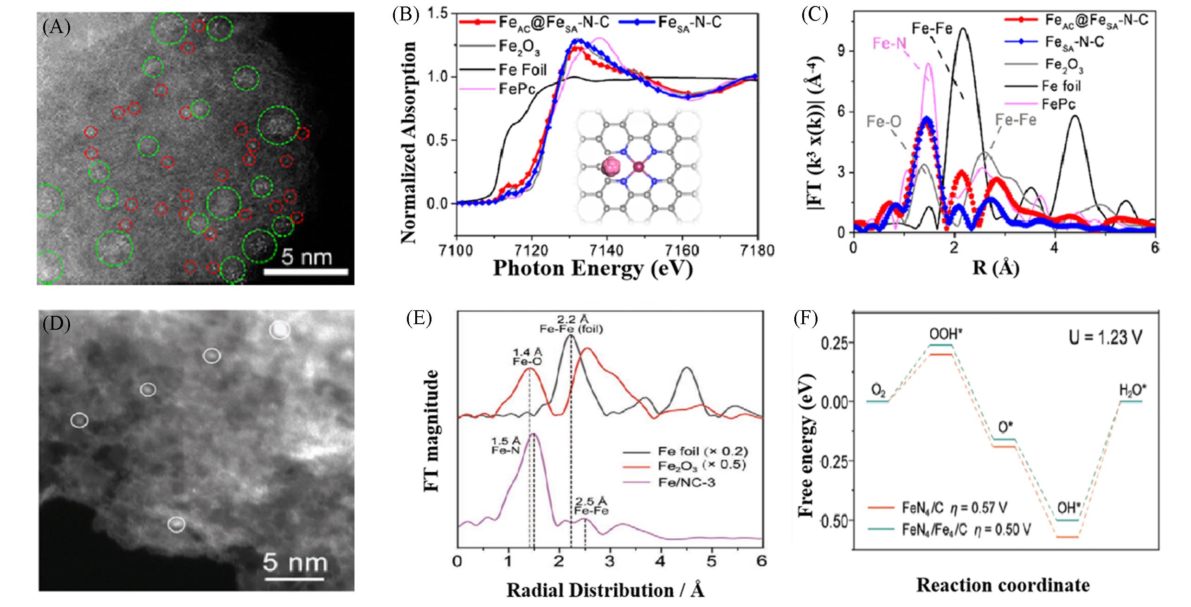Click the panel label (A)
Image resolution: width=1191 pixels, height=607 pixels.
pyautogui.click(x=56, y=28)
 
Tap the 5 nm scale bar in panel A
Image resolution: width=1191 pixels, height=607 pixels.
pyautogui.click(x=306, y=271)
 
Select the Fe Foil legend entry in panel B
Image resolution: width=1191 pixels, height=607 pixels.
pyautogui.click(x=522, y=70)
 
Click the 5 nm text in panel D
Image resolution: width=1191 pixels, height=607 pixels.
pyautogui.click(x=295, y=563)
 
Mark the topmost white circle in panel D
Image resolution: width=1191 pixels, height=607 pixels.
pyautogui.click(x=280, y=330)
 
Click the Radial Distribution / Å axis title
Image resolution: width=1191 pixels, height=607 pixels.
pyautogui.click(x=605, y=590)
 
